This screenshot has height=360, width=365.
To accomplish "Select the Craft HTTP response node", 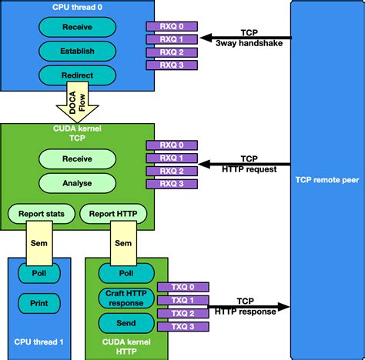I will point(122,298).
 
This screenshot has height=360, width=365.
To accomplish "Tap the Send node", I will point(122,322).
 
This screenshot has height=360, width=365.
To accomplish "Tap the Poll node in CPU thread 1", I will point(39,273).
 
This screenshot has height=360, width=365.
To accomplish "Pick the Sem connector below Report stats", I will point(39,241).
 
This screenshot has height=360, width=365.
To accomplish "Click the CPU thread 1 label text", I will point(39,342).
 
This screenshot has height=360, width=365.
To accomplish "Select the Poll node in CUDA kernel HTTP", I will point(122,273).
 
